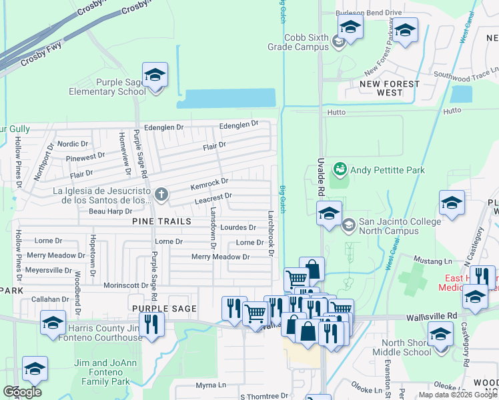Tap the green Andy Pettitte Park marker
[x=340, y=170]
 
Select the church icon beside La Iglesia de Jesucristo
[x=160, y=195]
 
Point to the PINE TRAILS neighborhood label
[x=161, y=221]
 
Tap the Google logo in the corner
[x=22, y=392]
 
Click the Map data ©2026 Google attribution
[x=457, y=395]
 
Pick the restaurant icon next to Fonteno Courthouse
[x=152, y=325]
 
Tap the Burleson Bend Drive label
[x=369, y=12]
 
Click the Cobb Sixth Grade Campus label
[x=307, y=43]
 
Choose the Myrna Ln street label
[x=211, y=385]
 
